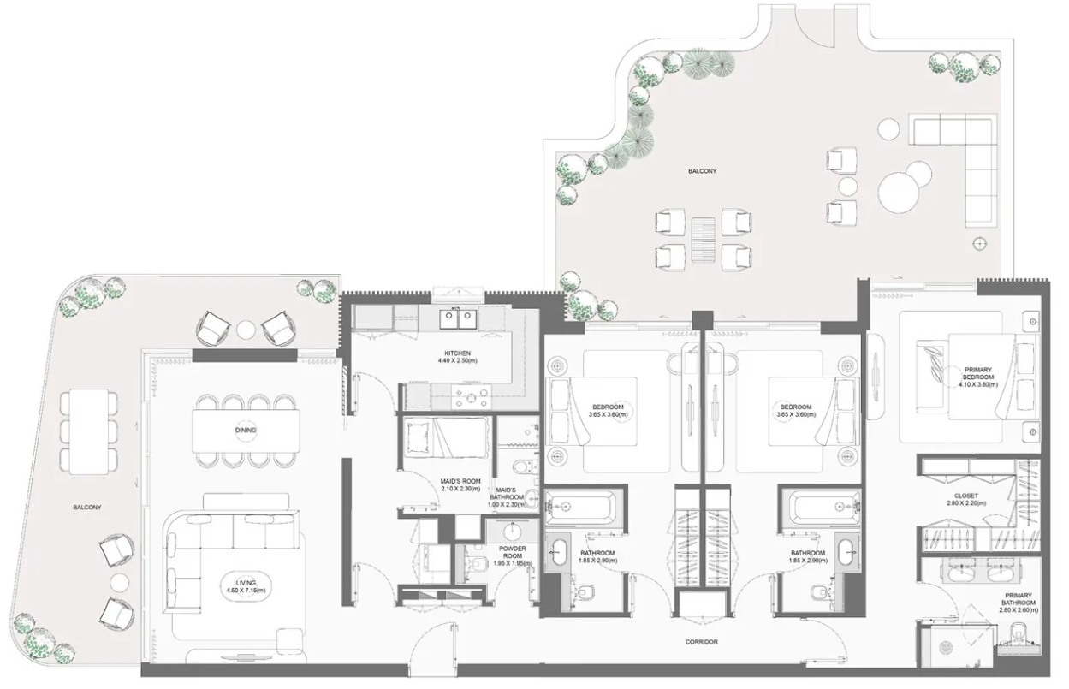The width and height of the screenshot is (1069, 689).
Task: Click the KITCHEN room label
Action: pos(458,357)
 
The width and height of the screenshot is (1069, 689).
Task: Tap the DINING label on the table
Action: pos(246,430)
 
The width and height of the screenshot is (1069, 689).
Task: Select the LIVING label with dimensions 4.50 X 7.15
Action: pos(246,586)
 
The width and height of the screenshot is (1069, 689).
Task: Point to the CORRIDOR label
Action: pos(702,642)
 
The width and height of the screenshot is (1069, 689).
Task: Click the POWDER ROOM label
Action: pos(513,555)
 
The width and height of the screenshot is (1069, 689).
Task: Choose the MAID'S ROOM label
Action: pos(460,484)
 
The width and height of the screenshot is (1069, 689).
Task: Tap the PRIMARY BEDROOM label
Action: pos(978,377)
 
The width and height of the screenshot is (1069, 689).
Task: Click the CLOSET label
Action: pos(966,499)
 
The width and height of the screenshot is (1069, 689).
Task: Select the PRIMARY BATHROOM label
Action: pos(1019,603)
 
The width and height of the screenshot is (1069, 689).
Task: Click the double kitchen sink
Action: pos(458,318)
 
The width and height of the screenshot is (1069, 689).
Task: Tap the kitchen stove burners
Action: pos(472,396)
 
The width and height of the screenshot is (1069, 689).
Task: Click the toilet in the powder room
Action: pos(478,564)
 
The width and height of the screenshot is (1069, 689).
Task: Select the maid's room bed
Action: pos(447,437)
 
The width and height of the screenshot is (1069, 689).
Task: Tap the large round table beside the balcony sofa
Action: pos(899,193)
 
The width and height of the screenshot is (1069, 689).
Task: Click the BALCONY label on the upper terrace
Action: pos(702,171)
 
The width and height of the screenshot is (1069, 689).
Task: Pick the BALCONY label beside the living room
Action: pos(87,508)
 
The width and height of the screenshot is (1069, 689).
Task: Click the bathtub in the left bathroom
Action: pos(580,507)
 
